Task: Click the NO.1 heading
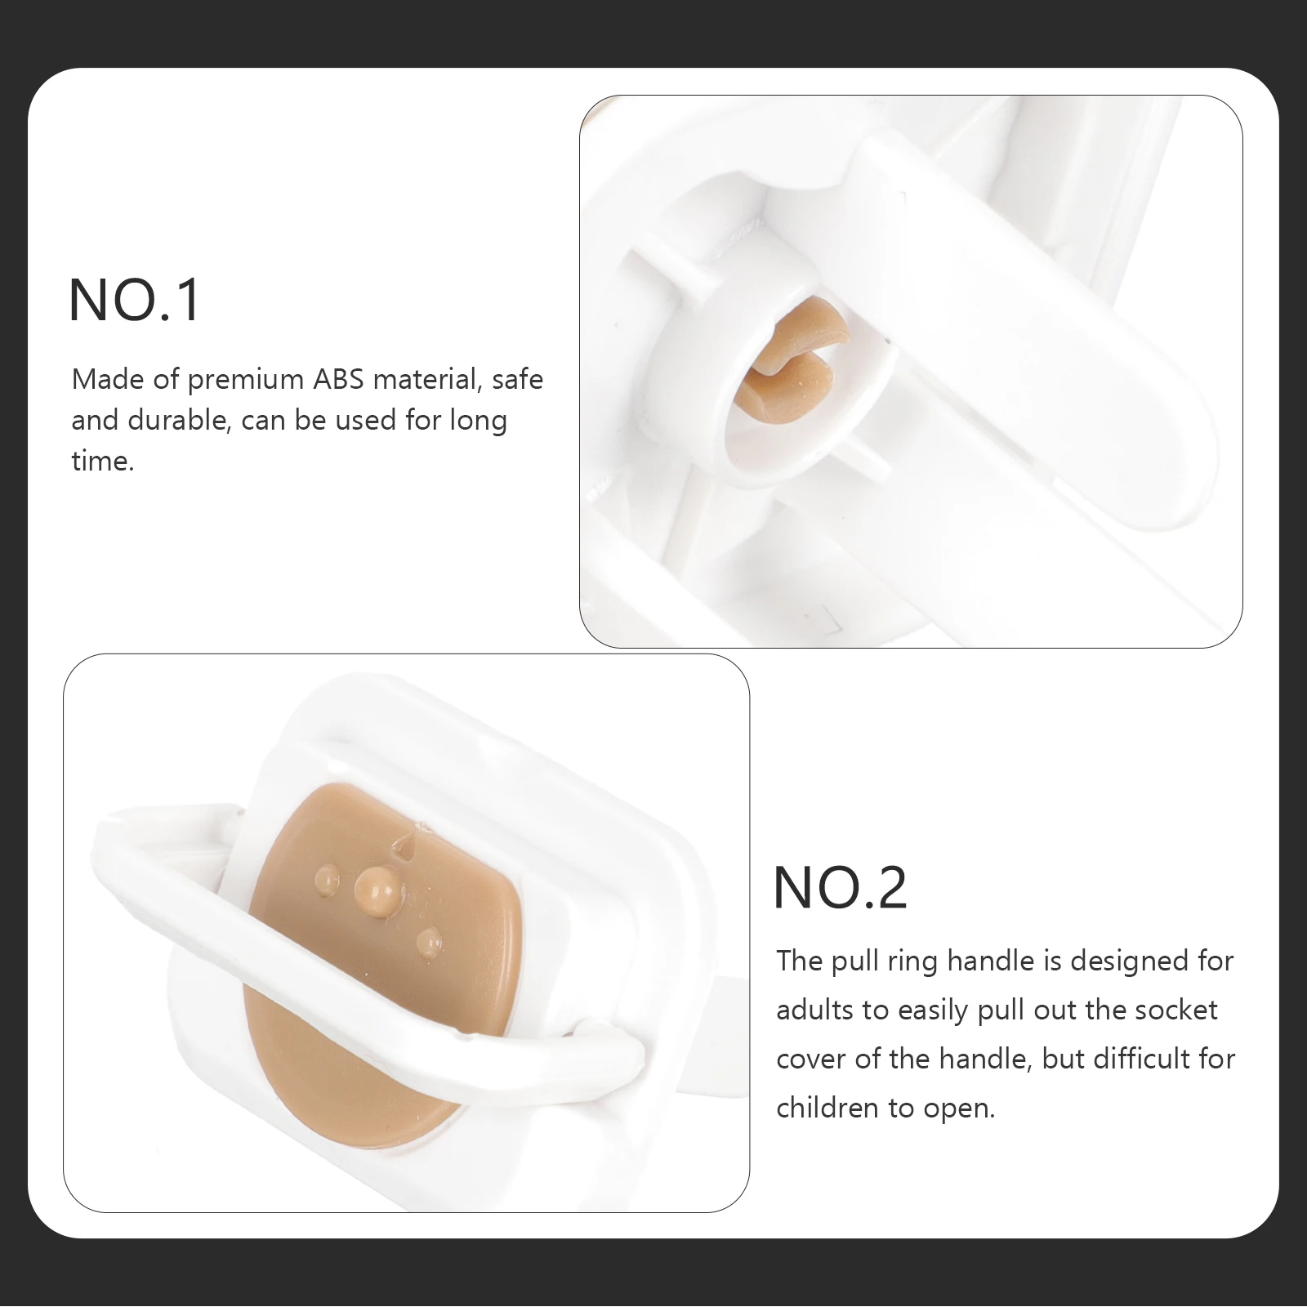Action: coord(135,301)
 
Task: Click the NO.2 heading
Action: coord(840,888)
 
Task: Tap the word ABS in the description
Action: coord(339,380)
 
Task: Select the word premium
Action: coord(245,381)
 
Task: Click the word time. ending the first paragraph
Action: coord(102,462)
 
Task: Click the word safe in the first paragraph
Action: coord(517,380)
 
